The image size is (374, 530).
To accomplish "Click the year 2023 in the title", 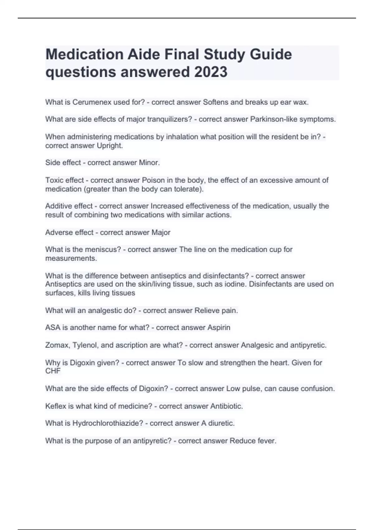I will [x=211, y=72].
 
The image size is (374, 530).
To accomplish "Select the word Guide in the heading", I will [x=271, y=55].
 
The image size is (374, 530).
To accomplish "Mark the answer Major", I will [x=161, y=233].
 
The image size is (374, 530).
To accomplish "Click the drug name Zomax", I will [x=58, y=345].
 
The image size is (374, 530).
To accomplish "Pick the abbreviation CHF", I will [x=53, y=371].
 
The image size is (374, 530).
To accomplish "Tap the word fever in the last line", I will [x=267, y=441].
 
